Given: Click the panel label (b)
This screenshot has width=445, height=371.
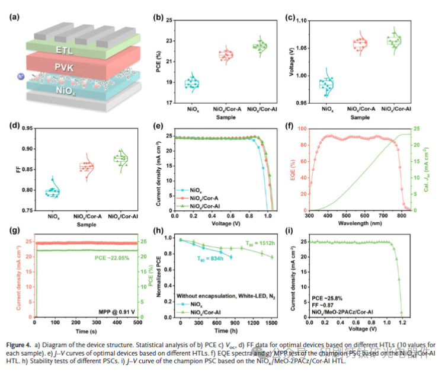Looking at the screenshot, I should [158, 17].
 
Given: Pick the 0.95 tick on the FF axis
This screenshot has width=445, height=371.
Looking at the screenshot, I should [27, 129].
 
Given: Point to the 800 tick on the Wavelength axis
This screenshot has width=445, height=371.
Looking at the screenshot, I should [402, 218].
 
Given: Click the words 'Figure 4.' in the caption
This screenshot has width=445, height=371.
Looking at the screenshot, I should [24, 344].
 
